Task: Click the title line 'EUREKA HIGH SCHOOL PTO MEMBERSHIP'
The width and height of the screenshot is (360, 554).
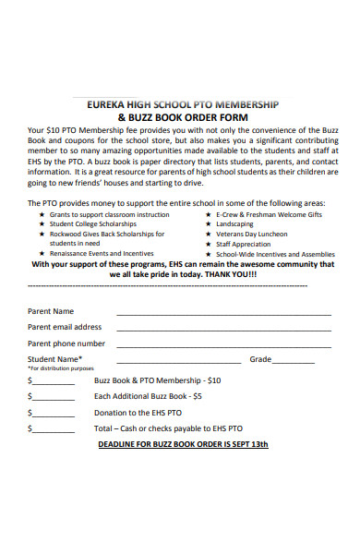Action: pyautogui.click(x=180, y=104)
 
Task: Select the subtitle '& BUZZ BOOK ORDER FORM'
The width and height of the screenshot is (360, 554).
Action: pyautogui.click(x=180, y=117)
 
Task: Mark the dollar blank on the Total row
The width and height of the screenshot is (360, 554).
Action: pyautogui.click(x=54, y=431)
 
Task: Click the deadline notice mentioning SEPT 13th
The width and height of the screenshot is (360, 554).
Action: pyautogui.click(x=183, y=444)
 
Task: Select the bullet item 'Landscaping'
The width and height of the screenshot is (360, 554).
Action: pyautogui.click(x=234, y=223)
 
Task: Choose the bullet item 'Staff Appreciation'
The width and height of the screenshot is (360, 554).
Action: pyautogui.click(x=245, y=244)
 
